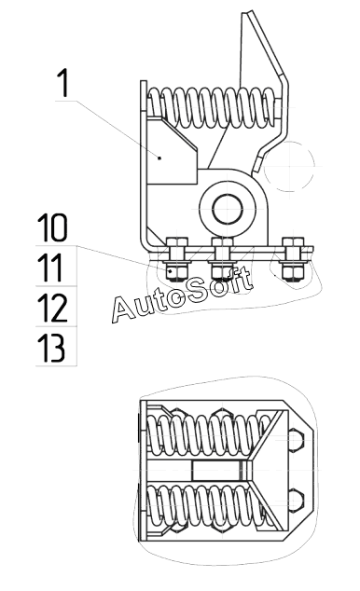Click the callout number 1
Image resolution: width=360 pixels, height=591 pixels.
63,83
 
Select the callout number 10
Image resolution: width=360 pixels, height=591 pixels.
52,227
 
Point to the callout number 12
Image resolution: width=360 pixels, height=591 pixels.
52,308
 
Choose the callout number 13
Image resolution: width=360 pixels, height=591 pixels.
51,348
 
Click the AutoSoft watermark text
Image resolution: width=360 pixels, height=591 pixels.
182,295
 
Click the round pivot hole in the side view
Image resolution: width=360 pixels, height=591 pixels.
228,209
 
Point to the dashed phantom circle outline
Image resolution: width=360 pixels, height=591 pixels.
289,166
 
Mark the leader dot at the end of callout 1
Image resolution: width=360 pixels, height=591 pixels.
159,158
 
